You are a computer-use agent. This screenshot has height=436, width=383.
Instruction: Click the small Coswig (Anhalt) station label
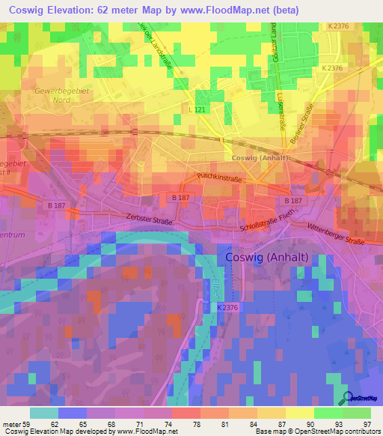(263, 158)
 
